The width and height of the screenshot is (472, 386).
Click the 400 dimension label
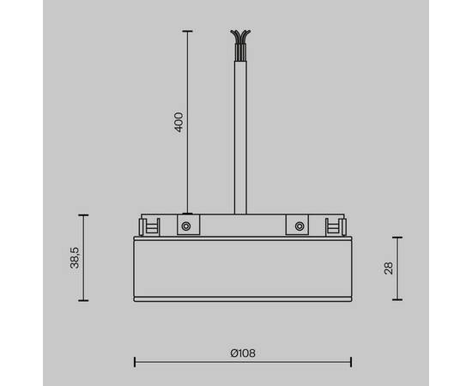[179, 121]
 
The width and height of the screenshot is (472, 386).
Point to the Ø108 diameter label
[243, 352]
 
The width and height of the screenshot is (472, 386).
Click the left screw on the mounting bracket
[185, 226]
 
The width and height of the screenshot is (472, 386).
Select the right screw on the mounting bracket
[299, 226]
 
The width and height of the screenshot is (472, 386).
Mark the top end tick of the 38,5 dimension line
[83, 215]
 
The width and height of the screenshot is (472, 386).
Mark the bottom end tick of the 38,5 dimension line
[83, 301]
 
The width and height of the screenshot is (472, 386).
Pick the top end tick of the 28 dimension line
[397, 238]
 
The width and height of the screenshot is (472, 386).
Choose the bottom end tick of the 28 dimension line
[397, 299]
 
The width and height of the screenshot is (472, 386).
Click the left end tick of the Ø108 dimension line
[135, 361]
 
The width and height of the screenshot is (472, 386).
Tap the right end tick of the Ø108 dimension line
[350, 361]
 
